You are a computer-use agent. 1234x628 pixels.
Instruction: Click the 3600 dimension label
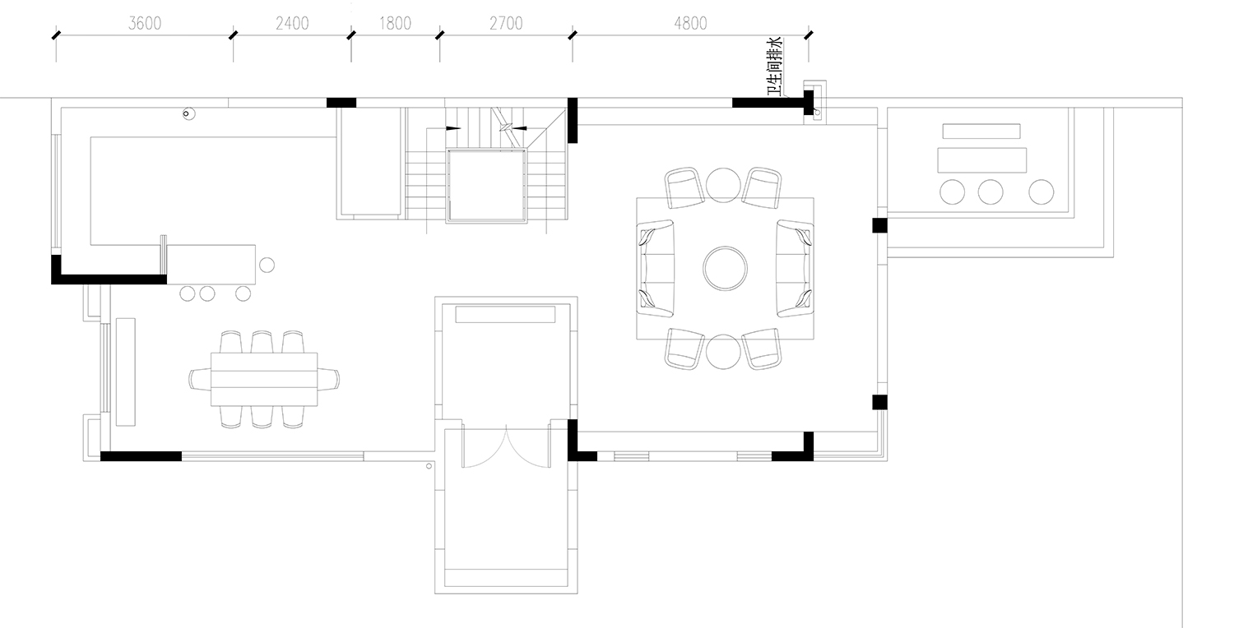pos(145,24)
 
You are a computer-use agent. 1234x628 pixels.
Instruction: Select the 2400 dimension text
pos(292,24)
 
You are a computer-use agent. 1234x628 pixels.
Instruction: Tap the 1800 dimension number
pos(395,24)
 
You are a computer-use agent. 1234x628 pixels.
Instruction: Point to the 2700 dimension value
pos(506,24)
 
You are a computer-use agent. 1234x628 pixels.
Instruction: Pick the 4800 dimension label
pos(690,24)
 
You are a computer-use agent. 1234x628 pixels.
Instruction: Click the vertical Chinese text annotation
pos(775,67)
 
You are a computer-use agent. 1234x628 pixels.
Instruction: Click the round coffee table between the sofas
pos(725,269)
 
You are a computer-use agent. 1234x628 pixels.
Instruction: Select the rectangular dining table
pos(264,379)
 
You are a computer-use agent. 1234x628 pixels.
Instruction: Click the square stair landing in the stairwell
pos(486,186)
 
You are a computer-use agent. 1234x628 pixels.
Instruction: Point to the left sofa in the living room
pos(656,269)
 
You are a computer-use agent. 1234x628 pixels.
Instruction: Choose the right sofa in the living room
pos(795,269)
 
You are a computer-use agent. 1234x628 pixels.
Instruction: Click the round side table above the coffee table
pos(723,185)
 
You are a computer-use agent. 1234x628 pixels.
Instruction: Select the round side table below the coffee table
pos(723,351)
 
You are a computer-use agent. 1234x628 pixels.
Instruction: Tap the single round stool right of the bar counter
pos(267,265)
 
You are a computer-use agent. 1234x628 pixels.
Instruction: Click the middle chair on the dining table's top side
pos(262,342)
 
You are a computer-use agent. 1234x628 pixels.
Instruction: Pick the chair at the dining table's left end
pos(200,379)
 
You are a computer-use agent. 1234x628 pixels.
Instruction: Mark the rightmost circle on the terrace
pos(1041,192)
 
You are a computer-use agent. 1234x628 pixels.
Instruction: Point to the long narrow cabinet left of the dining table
pos(126,372)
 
